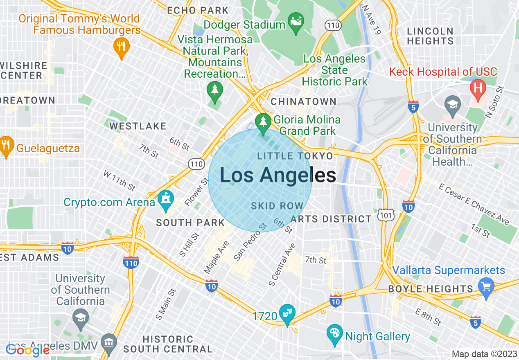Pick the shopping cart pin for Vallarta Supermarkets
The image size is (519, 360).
(486, 287)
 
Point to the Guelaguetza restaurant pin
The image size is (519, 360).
(7, 146)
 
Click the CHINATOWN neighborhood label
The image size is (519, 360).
(303, 101)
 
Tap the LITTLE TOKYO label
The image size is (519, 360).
(295, 156)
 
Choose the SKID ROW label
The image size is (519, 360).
(277, 206)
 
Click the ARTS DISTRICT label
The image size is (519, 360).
(331, 219)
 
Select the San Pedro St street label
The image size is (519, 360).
(250, 242)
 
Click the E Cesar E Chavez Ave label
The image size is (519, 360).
(474, 204)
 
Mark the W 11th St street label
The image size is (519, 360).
(119, 181)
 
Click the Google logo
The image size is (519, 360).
(27, 350)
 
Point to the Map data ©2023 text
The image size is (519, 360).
(483, 354)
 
